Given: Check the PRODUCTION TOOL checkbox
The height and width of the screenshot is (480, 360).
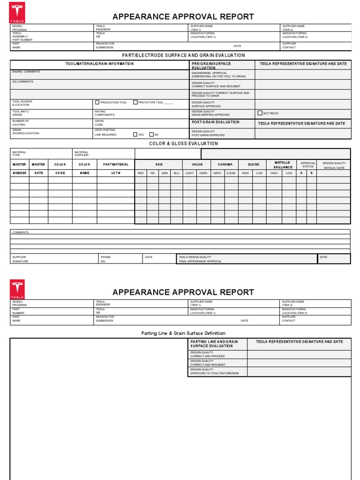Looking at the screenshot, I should pyautogui.click(x=97, y=102).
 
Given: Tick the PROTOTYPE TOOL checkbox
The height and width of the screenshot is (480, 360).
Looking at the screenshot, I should pyautogui.click(x=135, y=102).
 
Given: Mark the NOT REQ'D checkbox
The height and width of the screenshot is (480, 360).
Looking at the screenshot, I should pyautogui.click(x=260, y=113).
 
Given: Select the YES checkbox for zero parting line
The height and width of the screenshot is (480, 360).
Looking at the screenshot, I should pyautogui.click(x=135, y=134).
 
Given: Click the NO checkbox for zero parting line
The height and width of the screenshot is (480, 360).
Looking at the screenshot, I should pyautogui.click(x=151, y=134).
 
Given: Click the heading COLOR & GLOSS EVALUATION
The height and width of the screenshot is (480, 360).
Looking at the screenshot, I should pyautogui.click(x=183, y=143).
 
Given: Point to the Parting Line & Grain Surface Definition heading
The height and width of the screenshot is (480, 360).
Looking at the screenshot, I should pyautogui.click(x=180, y=333).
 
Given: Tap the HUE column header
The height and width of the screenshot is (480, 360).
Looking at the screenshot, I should pyautogui.click(x=158, y=165).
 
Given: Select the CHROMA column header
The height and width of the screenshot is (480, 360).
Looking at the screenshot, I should pyautogui.click(x=225, y=165).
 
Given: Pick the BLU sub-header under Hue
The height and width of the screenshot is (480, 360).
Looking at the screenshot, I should pyautogui.click(x=176, y=173).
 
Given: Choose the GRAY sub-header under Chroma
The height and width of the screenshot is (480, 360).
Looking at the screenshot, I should pyautogui.click(x=217, y=173).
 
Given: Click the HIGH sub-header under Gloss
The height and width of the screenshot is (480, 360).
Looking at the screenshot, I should pyautogui.click(x=245, y=173).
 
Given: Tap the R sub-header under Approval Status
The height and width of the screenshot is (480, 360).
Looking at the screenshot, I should pyautogui.click(x=311, y=173).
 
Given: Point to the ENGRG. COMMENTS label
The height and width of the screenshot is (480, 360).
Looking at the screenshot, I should pyautogui.click(x=26, y=72).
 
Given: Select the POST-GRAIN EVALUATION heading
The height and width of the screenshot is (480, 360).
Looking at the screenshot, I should pyautogui.click(x=215, y=122).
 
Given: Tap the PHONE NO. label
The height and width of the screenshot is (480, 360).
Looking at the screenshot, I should pyautogui.click(x=106, y=259).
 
